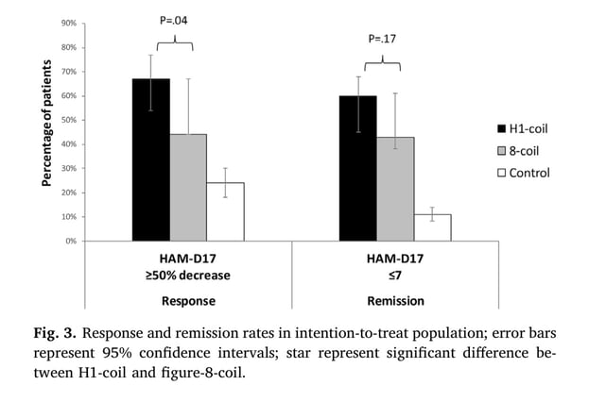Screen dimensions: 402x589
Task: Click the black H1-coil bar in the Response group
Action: point(151,159)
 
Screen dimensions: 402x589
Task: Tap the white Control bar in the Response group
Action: point(225,211)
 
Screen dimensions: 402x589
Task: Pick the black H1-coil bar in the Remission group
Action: point(358,168)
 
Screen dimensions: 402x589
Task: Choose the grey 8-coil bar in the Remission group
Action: point(395,189)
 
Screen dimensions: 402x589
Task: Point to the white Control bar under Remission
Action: point(432,227)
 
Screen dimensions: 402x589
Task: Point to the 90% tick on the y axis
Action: point(68,23)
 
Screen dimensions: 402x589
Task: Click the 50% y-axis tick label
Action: point(68,120)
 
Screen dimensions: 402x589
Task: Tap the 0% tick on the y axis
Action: point(70,241)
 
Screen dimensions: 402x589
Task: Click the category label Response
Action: point(187,301)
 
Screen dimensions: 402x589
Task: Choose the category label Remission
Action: point(395,301)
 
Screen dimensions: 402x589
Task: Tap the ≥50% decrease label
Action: point(187,275)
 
